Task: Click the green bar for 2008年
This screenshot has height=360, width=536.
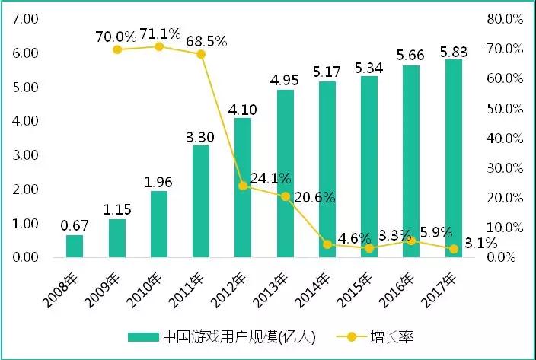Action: pyautogui.click(x=75, y=246)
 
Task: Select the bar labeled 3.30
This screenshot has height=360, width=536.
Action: pyautogui.click(x=201, y=201)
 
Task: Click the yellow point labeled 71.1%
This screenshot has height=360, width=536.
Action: pyautogui.click(x=159, y=46)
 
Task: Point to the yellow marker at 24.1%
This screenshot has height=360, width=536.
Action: pyautogui.click(x=243, y=186)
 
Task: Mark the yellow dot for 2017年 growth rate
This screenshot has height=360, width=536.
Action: pyautogui.click(x=453, y=249)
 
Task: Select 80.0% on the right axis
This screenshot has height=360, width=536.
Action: pyautogui.click(x=504, y=18)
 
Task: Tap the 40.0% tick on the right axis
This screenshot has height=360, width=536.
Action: pyautogui.click(x=504, y=138)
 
